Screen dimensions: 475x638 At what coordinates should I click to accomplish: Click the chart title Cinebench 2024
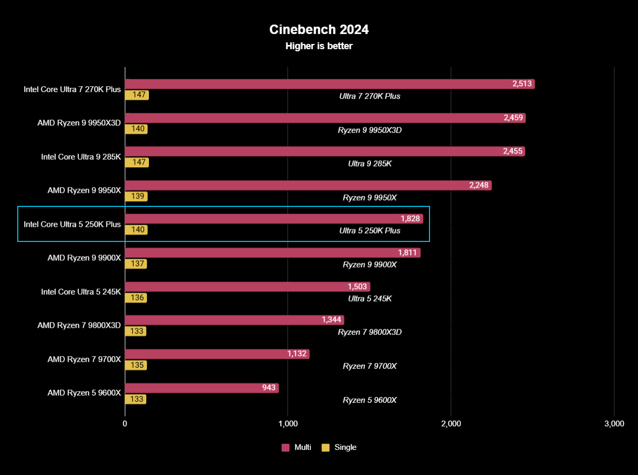(319, 30)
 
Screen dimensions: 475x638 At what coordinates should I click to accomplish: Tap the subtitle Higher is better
(319, 46)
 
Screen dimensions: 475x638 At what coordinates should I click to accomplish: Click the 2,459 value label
(514, 118)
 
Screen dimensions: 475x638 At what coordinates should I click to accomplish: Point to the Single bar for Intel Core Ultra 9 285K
(136, 163)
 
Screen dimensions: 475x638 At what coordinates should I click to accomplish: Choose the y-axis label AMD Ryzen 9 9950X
(84, 190)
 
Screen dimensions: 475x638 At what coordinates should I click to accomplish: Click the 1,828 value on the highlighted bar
(410, 218)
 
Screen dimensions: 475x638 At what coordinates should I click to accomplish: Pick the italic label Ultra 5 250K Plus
(369, 230)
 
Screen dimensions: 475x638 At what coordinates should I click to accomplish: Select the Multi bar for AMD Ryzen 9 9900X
(272, 253)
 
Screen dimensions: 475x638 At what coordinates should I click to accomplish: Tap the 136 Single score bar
(136, 298)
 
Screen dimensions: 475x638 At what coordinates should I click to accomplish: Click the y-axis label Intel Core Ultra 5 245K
(81, 292)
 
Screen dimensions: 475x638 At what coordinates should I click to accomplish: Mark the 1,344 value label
(332, 320)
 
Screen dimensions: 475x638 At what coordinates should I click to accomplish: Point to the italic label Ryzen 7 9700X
(369, 366)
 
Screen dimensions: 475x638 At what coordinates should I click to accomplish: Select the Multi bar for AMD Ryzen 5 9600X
(202, 388)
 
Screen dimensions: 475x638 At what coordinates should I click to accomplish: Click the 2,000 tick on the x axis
(451, 424)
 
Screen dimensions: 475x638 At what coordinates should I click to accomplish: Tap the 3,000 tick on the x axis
(614, 424)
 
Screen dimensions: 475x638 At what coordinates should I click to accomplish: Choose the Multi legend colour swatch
(285, 447)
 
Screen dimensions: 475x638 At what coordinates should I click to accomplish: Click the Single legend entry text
(345, 447)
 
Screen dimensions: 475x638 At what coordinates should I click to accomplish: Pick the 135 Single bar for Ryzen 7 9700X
(136, 365)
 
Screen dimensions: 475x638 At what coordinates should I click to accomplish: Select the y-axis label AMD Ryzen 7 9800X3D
(79, 325)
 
